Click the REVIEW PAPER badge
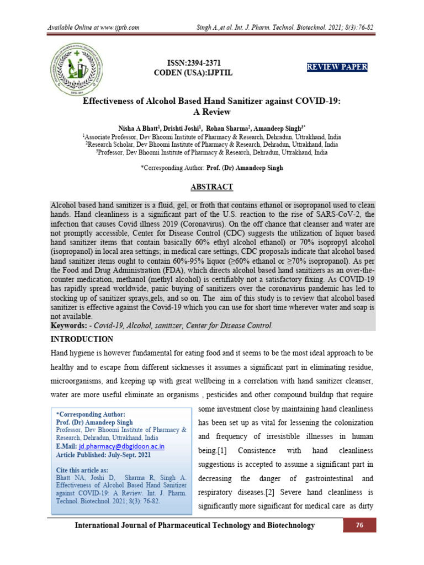pyautogui.click(x=337, y=67)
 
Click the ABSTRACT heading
pyautogui.click(x=212, y=187)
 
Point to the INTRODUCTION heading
pyautogui.click(x=82, y=339)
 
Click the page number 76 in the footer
pyautogui.click(x=360, y=526)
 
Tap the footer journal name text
pyautogui.click(x=195, y=526)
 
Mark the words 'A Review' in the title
pyautogui.click(x=211, y=111)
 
